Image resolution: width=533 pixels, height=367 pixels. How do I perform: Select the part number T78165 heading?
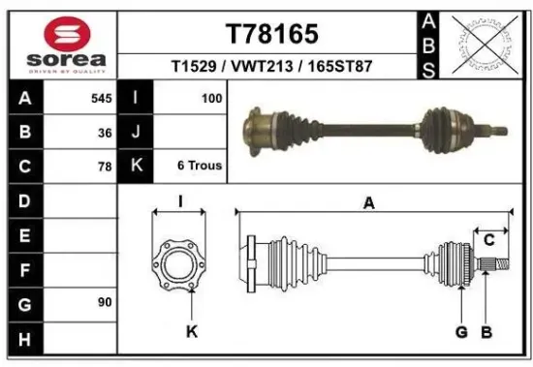coord(271,35)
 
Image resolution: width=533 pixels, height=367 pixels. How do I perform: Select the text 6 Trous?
coord(200,166)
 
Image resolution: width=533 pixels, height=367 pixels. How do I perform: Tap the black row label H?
coord(24,338)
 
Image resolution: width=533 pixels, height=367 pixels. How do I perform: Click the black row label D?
coord(24,201)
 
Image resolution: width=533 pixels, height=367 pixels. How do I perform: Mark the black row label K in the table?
coord(137,166)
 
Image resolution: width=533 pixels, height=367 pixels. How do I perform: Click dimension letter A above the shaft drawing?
coord(369,202)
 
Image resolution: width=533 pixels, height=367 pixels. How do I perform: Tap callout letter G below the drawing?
coord(461,333)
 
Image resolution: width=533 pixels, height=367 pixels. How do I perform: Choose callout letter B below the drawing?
coord(486,333)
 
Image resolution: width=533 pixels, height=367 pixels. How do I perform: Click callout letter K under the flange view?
coord(191,333)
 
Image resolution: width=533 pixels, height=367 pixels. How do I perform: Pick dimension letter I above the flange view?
coord(180,202)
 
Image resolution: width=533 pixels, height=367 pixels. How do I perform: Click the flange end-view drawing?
coord(179,264)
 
